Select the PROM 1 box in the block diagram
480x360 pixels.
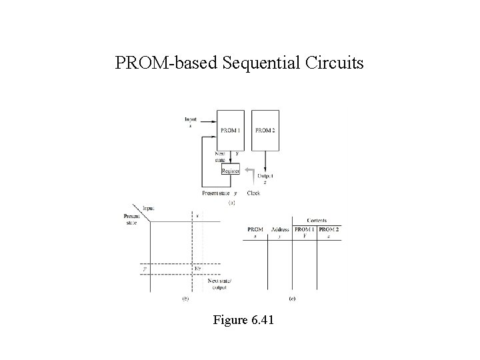(231, 130)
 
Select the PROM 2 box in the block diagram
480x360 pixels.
(265, 130)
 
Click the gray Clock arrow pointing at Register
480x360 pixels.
(249, 175)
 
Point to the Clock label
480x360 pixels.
(253, 193)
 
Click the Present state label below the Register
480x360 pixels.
(218, 193)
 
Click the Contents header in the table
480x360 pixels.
(317, 220)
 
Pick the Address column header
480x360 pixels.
(280, 229)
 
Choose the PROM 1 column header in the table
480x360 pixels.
(304, 229)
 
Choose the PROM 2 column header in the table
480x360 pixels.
(329, 229)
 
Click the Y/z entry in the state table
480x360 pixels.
(197, 269)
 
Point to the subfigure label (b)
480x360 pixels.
(185, 299)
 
